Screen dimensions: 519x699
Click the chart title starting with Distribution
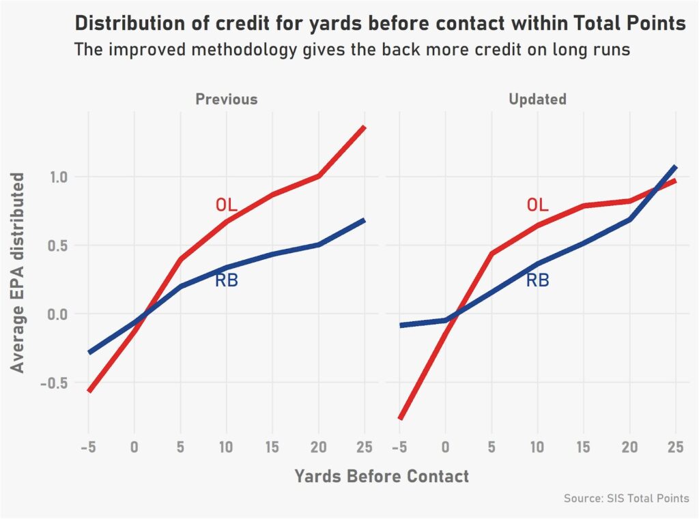[x=380, y=23]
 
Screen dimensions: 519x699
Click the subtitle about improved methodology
[x=352, y=50]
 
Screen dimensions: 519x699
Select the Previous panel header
[x=227, y=99]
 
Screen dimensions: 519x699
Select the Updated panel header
[x=537, y=99]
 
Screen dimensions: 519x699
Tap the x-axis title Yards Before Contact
[x=382, y=476]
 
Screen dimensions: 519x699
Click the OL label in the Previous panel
[x=226, y=205]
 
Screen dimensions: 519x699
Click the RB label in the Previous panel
[x=227, y=280]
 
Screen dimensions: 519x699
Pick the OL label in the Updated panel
[x=537, y=205]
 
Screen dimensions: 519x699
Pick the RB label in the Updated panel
[x=537, y=280]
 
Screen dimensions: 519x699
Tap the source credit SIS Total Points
[x=626, y=499]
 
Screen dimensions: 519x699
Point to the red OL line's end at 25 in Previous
[x=365, y=127]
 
